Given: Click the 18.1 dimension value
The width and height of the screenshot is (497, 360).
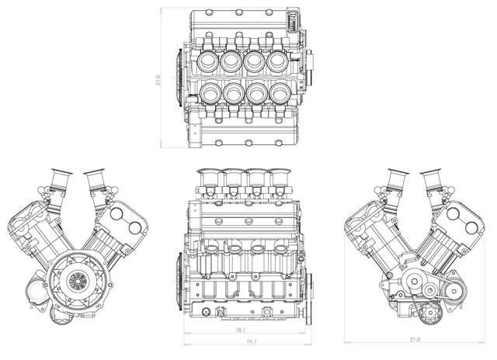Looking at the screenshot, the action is [x=241, y=330].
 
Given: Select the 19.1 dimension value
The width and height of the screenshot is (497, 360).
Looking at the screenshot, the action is [x=252, y=341].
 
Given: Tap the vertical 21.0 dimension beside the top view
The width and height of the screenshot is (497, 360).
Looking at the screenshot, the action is [x=158, y=80].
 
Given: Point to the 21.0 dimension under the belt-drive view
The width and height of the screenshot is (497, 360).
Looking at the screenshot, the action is [x=415, y=339].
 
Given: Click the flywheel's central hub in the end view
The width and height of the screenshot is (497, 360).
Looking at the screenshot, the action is [x=77, y=281].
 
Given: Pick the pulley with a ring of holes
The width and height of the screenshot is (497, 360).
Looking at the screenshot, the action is [x=430, y=313].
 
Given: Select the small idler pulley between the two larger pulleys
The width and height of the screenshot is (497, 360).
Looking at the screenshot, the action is [x=429, y=290].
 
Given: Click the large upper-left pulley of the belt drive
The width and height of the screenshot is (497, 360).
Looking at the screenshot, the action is [x=414, y=281].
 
